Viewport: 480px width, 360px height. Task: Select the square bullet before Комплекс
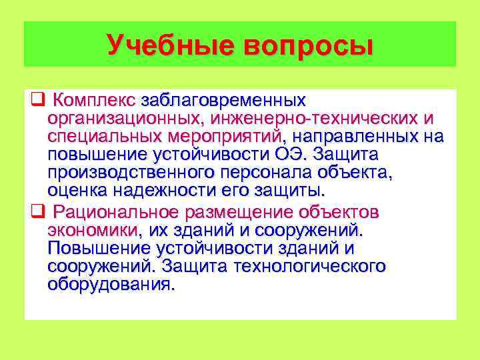[37, 101]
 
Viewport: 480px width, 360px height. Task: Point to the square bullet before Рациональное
[37, 213]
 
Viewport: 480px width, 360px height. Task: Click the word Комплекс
[94, 101]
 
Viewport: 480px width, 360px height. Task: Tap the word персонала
[268, 173]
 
